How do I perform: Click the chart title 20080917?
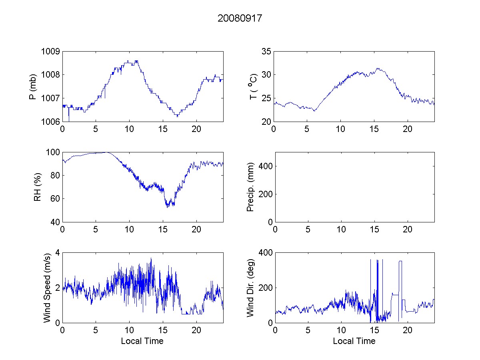[240, 18]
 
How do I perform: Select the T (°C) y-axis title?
[253, 86]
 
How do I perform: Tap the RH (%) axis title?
[37, 187]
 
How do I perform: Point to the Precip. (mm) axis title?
[250, 187]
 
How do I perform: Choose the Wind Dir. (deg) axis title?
[250, 287]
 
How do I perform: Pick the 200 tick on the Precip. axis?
[265, 194]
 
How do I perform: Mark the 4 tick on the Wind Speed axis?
[57, 253]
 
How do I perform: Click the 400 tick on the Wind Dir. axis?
[265, 253]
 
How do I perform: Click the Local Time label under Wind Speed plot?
[142, 341]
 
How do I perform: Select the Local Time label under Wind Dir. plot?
[354, 341]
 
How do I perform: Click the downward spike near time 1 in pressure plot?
[69, 117]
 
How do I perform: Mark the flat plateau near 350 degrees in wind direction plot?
[400, 261]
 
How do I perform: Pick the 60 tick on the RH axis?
[55, 199]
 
